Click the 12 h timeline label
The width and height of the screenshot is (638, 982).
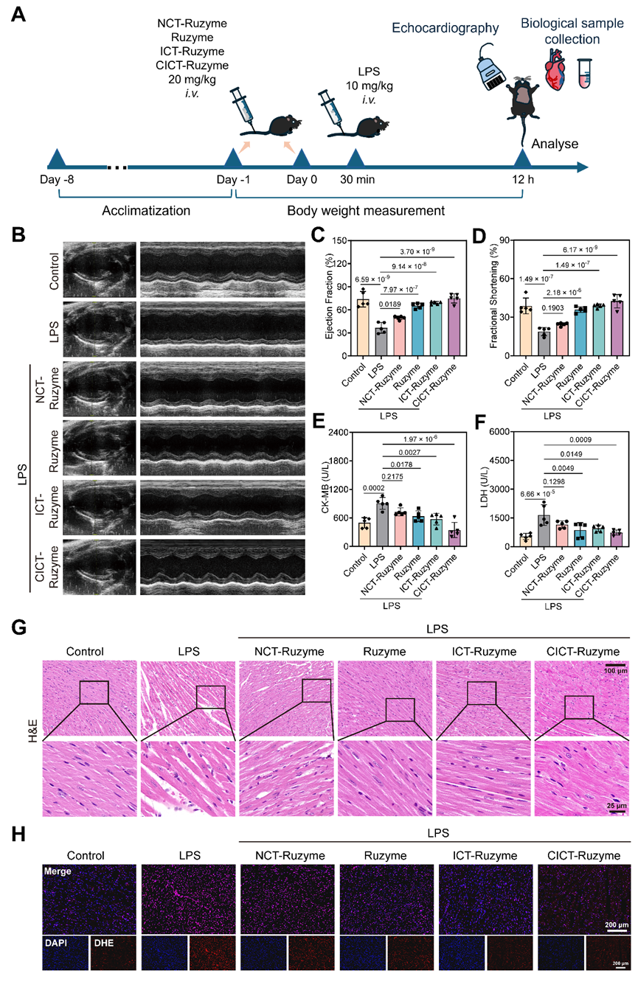coord(522,181)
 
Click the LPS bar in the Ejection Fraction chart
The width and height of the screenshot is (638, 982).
coord(381,338)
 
